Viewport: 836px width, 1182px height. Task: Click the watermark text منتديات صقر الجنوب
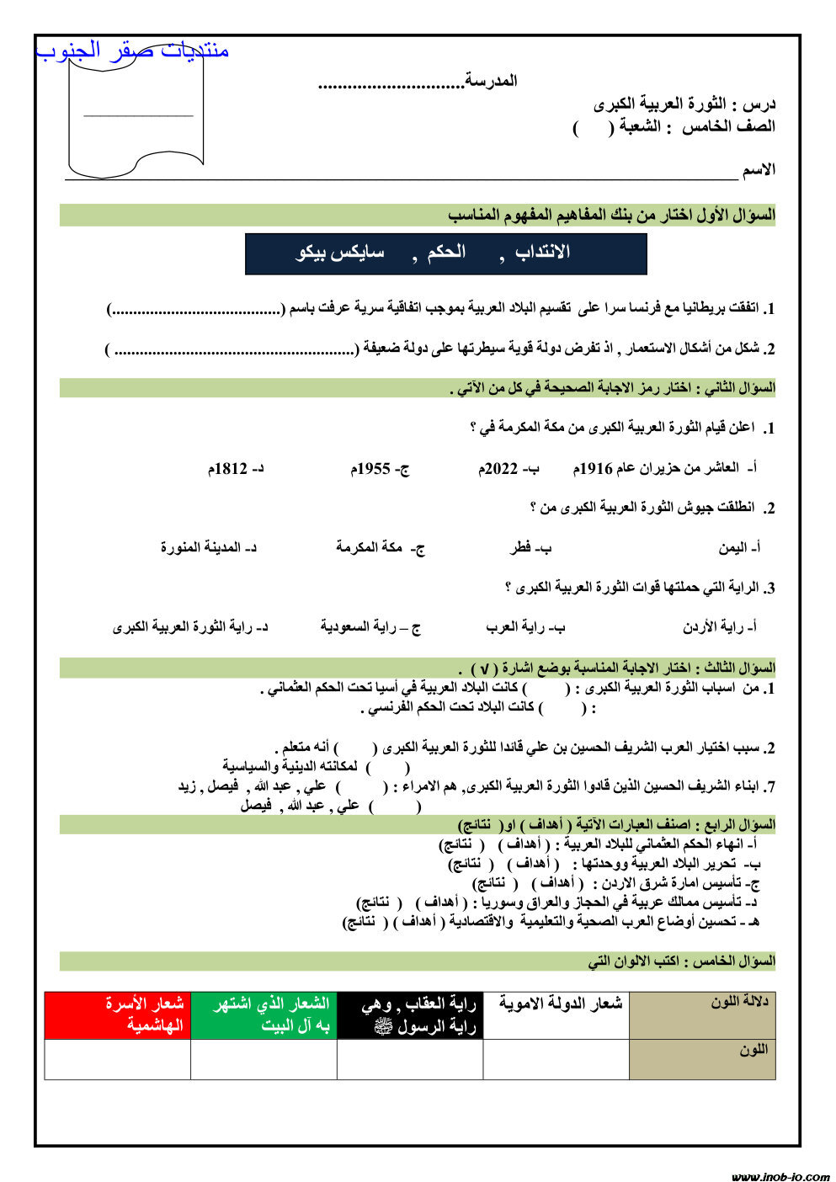(133, 51)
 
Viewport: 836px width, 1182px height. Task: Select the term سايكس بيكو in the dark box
(340, 253)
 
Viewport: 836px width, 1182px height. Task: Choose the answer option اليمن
(738, 548)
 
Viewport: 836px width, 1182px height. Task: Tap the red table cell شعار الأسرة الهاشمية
(118, 1015)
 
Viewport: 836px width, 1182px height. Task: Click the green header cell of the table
(264, 1015)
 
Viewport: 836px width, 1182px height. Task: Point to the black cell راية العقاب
(410, 1015)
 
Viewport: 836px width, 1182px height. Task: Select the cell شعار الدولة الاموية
(556, 1004)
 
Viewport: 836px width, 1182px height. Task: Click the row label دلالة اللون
(739, 1003)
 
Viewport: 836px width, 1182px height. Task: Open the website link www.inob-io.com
(780, 1176)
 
